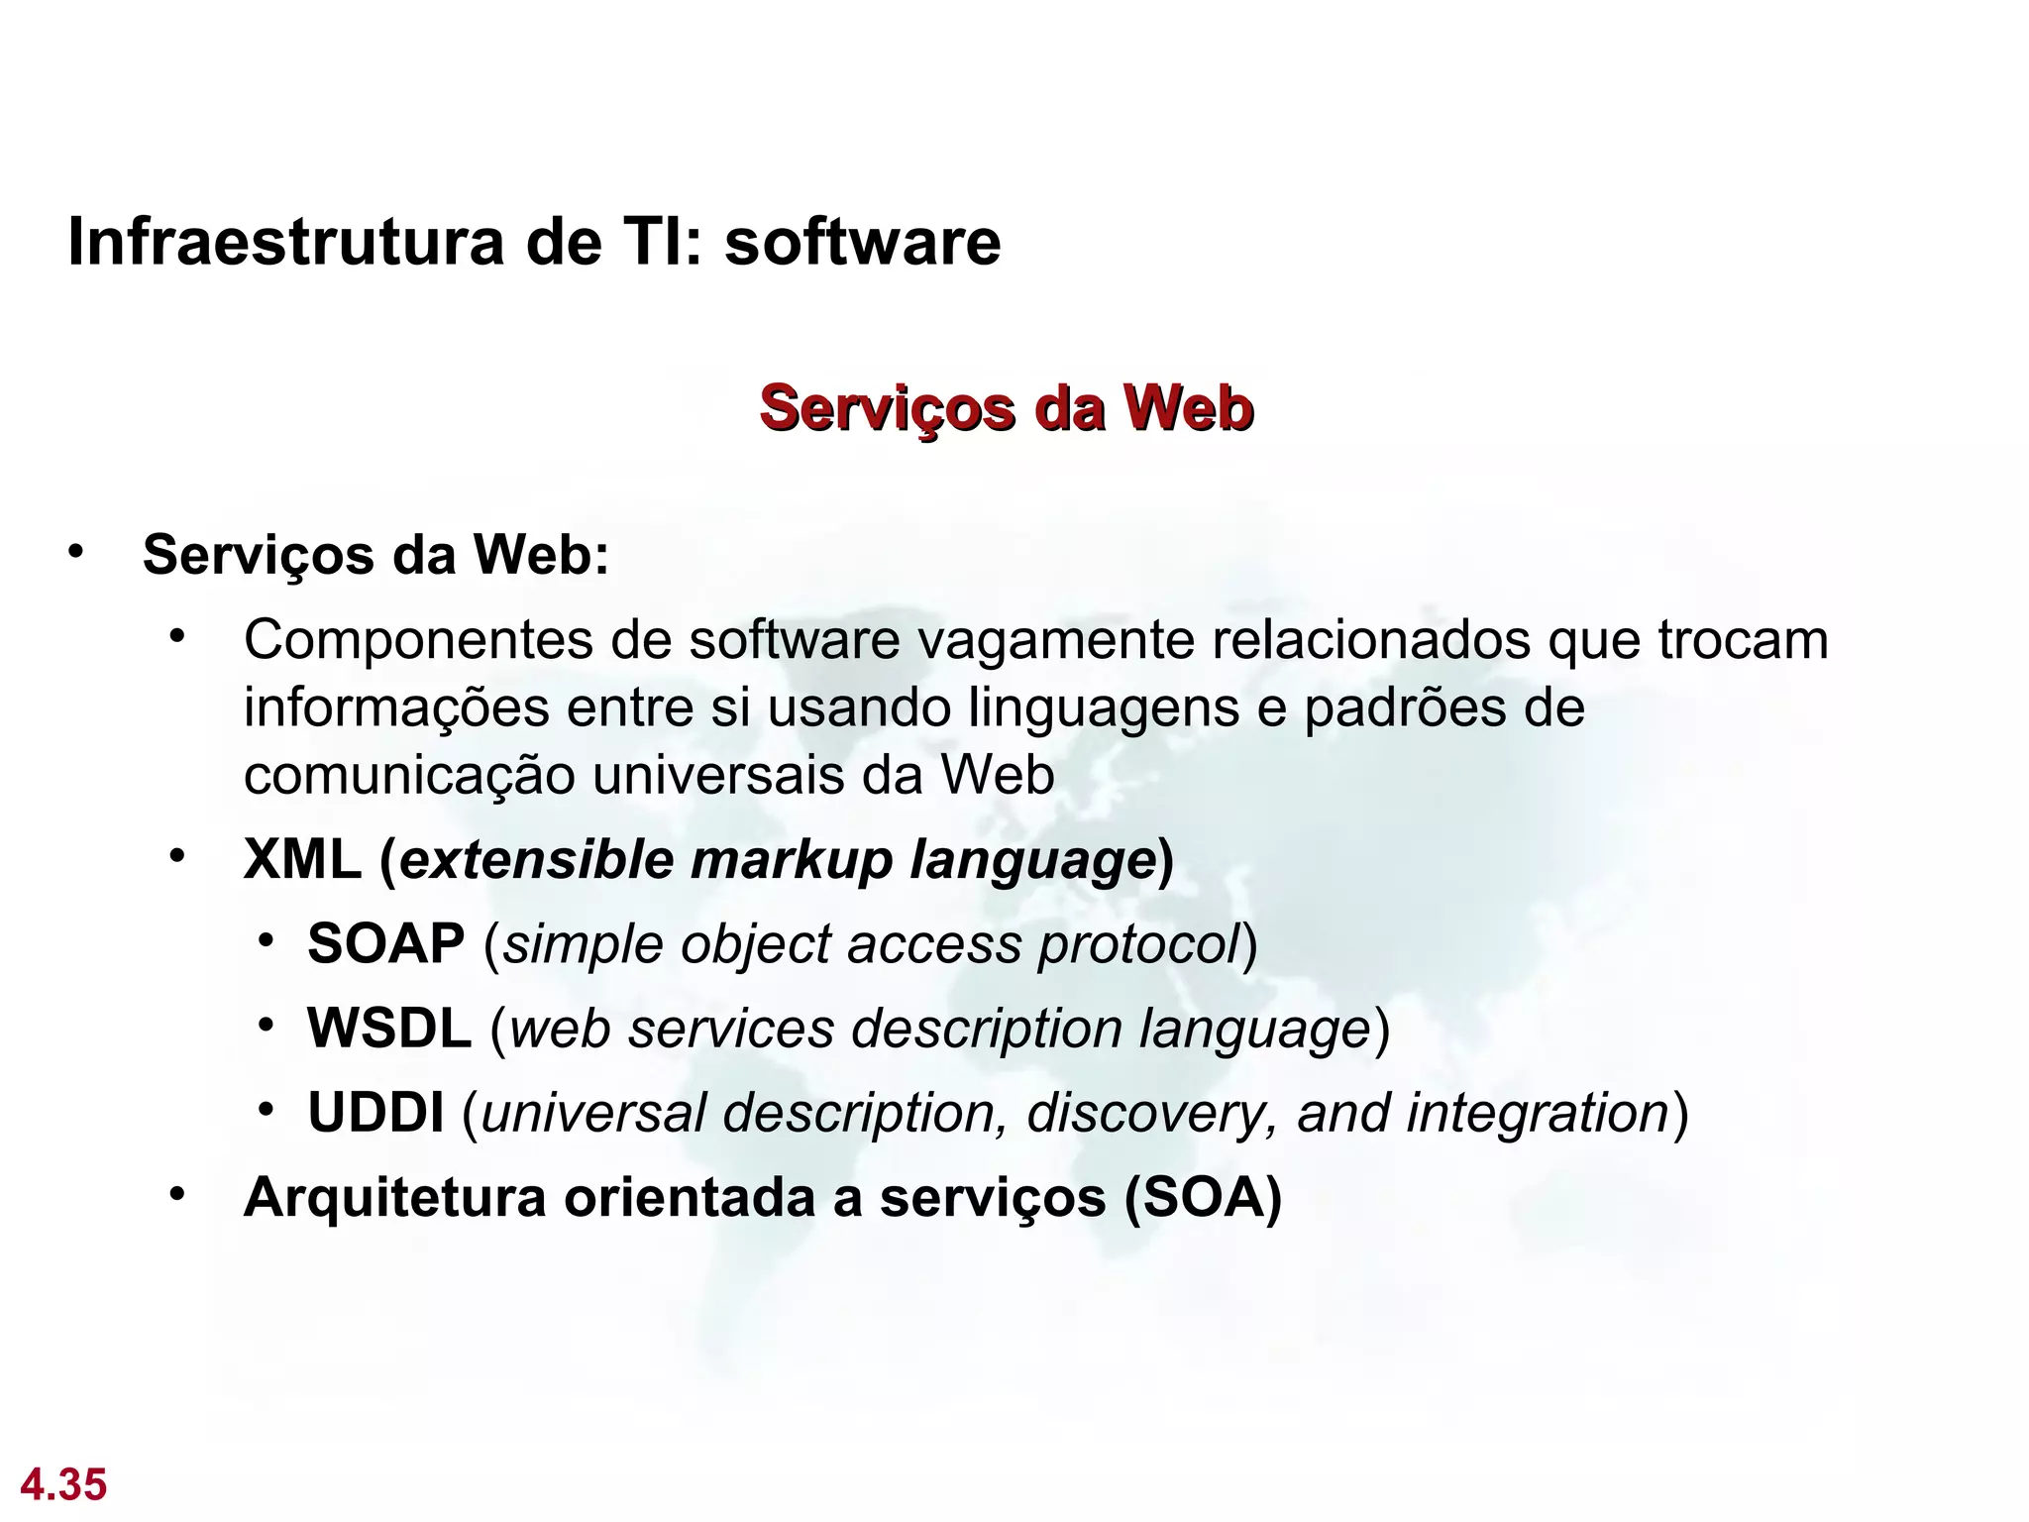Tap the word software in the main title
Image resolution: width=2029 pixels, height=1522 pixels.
[862, 242]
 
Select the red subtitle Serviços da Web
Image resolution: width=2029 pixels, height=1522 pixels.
[1006, 408]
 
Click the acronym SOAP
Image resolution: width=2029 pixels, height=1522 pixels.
[385, 943]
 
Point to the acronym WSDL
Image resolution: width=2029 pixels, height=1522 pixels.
[388, 1029]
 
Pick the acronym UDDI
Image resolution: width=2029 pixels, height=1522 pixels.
[375, 1113]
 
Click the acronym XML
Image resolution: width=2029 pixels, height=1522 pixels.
[302, 859]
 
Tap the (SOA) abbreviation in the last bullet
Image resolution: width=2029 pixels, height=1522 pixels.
[1203, 1198]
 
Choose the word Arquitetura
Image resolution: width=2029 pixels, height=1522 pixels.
[394, 1198]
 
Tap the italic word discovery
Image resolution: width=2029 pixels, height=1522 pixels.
[1153, 1113]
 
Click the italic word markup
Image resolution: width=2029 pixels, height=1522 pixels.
[792, 859]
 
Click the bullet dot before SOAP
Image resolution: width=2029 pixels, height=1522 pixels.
[266, 939]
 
